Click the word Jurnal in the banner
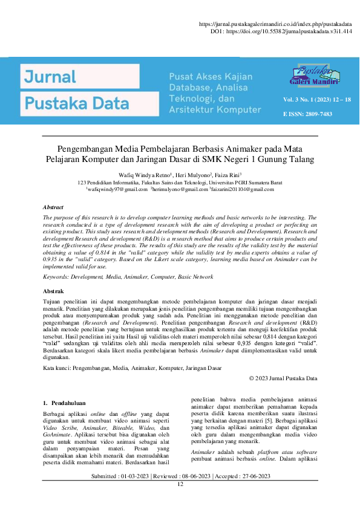tap(50, 76)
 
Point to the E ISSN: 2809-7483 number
tap(307, 114)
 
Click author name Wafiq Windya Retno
tap(148, 175)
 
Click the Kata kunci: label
tap(57, 368)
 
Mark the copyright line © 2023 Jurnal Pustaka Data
tap(283, 378)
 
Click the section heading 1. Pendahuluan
tap(64, 402)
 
